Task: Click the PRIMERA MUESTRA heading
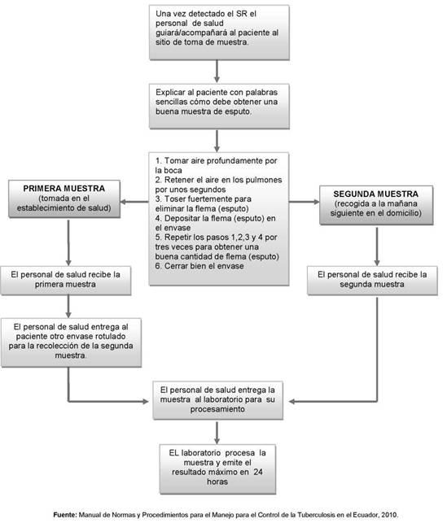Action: (x=64, y=188)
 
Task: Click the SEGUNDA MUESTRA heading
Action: (x=375, y=194)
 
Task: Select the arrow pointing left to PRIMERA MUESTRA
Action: (x=134, y=202)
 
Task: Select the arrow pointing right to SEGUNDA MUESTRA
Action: (x=305, y=202)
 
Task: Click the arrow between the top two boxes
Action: (x=217, y=72)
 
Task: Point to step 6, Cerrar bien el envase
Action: (x=199, y=266)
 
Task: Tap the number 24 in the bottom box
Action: (x=258, y=472)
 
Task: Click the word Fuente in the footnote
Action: (x=65, y=515)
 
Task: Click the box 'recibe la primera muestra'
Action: (x=66, y=281)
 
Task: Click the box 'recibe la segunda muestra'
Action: (x=372, y=281)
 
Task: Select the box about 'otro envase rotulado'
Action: (x=71, y=342)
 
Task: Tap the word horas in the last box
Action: (x=217, y=482)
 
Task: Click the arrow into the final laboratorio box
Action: (x=217, y=432)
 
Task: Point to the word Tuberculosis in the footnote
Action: (x=317, y=515)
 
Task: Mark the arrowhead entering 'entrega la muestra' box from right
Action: (x=291, y=402)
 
